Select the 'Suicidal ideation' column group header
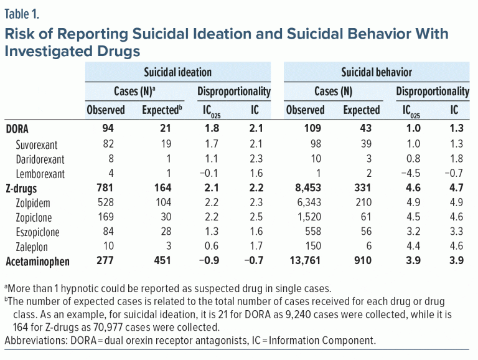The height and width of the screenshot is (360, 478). [x=177, y=72]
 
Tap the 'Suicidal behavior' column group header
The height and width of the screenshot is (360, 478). [x=376, y=72]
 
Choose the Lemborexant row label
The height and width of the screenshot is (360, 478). [x=40, y=174]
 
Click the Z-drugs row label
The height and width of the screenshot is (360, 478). [x=26, y=189]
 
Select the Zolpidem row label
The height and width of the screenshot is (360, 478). [x=34, y=204]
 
